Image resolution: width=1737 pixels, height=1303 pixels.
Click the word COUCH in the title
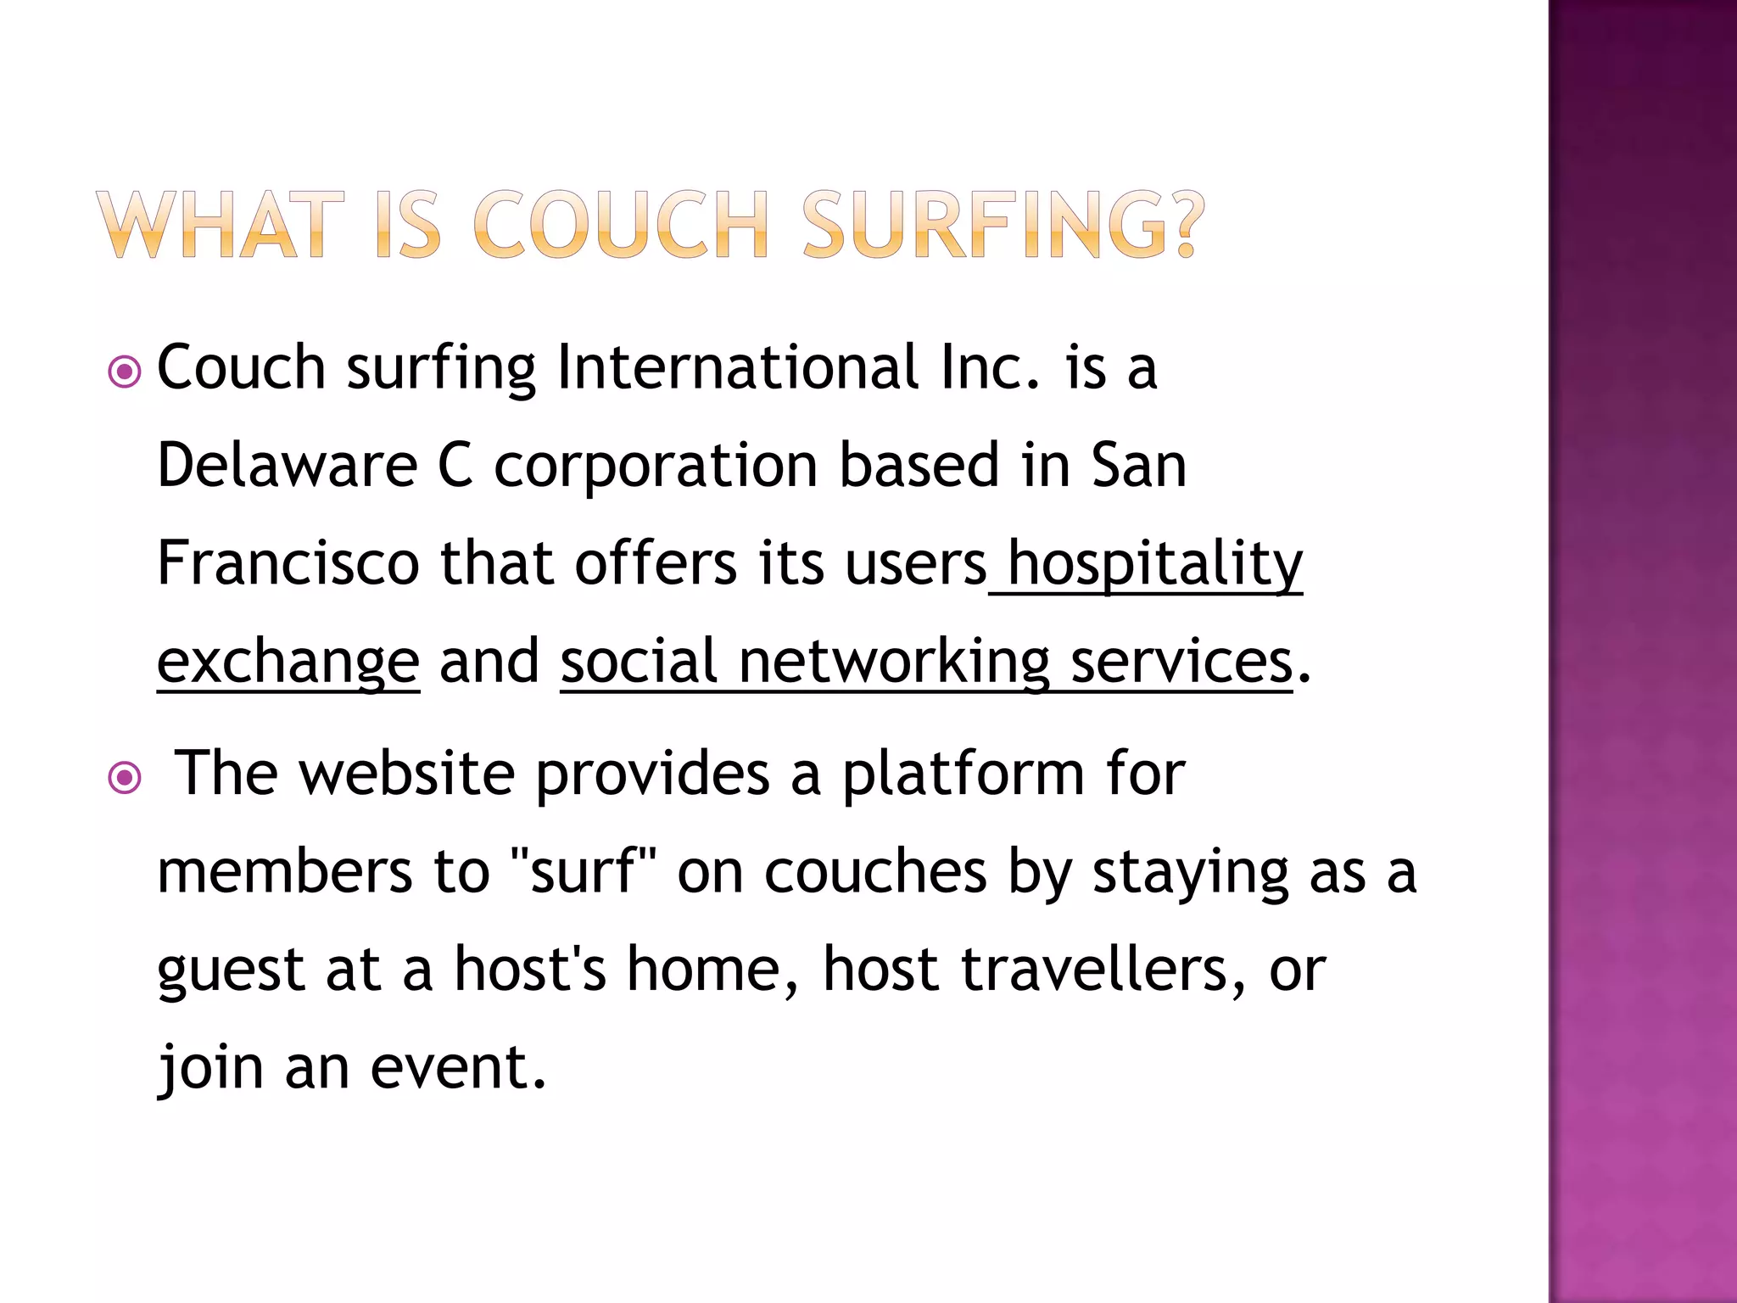point(619,225)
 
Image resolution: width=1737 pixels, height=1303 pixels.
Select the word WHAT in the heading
point(221,225)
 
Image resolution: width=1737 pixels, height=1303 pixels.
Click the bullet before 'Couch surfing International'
point(125,372)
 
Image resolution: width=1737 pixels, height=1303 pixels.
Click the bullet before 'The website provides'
point(125,777)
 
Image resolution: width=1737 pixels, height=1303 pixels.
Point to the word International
point(738,368)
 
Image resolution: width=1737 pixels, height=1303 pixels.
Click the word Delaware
point(288,466)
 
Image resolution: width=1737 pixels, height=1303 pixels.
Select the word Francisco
point(288,563)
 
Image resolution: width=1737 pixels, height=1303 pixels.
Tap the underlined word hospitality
point(1154,565)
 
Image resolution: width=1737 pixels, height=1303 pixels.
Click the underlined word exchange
point(288,663)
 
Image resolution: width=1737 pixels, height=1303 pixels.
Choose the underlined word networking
point(894,661)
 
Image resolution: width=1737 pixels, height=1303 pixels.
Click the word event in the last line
point(458,1067)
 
